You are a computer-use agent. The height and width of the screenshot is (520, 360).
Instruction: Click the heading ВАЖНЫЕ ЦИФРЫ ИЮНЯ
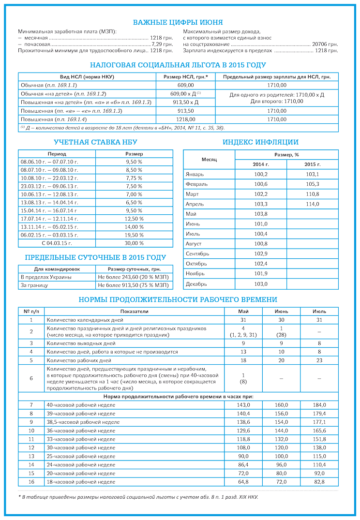click(178, 22)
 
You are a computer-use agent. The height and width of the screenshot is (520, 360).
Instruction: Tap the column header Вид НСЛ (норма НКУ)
click(87, 77)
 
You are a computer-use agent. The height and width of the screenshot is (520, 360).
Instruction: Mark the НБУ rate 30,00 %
click(134, 243)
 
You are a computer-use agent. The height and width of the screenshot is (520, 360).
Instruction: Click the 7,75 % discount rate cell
click(134, 178)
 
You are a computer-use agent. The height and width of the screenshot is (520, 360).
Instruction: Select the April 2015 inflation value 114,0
click(312, 204)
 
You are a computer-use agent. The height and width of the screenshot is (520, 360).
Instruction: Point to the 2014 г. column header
click(260, 164)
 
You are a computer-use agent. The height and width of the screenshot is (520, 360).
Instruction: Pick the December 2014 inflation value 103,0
click(260, 284)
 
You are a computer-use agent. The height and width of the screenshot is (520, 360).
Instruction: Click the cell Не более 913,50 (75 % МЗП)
click(128, 285)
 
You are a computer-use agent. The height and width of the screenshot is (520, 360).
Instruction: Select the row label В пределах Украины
click(46, 277)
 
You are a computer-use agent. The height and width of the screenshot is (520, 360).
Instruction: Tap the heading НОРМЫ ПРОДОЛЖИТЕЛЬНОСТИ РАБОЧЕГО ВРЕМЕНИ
click(178, 300)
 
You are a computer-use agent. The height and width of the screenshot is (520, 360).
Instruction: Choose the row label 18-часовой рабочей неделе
click(81, 482)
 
